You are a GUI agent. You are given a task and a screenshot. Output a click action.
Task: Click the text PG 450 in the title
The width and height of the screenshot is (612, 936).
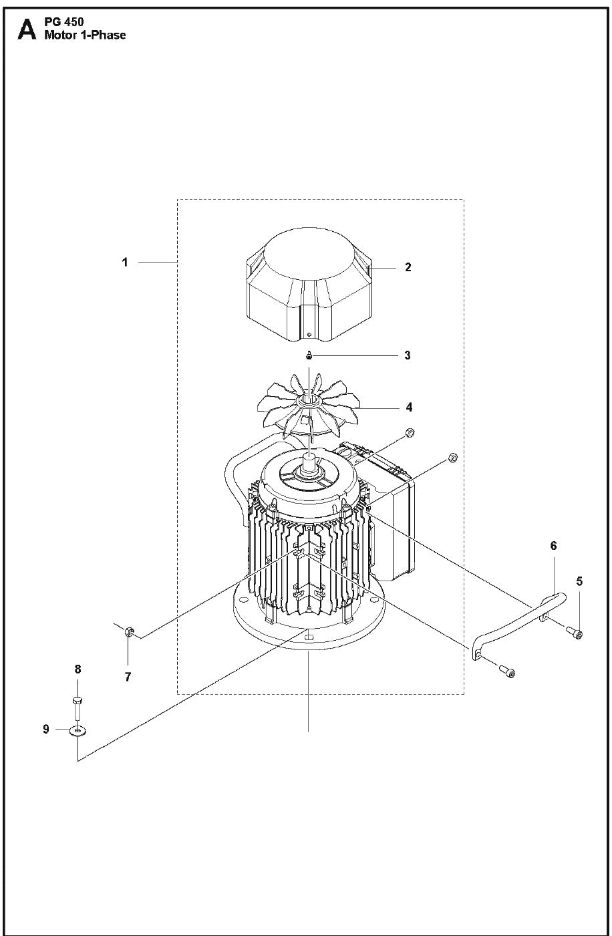(x=64, y=22)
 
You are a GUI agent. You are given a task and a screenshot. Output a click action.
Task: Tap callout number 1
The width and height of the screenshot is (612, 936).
(x=124, y=263)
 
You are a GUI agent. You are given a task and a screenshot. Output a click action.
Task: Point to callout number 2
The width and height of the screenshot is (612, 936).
(x=408, y=267)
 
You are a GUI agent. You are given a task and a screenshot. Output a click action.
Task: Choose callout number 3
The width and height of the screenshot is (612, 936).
(x=408, y=355)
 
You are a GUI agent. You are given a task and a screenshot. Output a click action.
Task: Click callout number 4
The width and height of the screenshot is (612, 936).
(x=409, y=407)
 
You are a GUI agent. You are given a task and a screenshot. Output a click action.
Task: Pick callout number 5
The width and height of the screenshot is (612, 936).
(x=579, y=581)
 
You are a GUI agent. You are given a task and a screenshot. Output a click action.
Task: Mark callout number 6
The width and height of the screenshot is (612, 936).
(x=553, y=546)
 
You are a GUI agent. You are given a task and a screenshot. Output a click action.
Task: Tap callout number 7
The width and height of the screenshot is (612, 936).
(x=128, y=677)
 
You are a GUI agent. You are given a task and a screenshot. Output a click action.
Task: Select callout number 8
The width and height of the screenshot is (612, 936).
(x=78, y=669)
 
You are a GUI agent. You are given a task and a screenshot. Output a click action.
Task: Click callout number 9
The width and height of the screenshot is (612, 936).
(x=46, y=729)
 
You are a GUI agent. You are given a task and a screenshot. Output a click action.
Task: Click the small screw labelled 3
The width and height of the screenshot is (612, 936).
(x=309, y=355)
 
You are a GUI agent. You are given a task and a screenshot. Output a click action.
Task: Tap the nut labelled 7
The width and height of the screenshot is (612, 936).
(x=129, y=631)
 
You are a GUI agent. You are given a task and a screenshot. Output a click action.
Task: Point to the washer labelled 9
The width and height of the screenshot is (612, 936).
(x=78, y=731)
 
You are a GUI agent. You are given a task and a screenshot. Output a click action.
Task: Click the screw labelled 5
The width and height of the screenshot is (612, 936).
(x=575, y=633)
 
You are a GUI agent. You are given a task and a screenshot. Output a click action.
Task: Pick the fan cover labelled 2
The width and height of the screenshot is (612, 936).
(x=308, y=284)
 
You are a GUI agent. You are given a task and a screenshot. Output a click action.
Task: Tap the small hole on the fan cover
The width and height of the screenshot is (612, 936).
(x=309, y=334)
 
